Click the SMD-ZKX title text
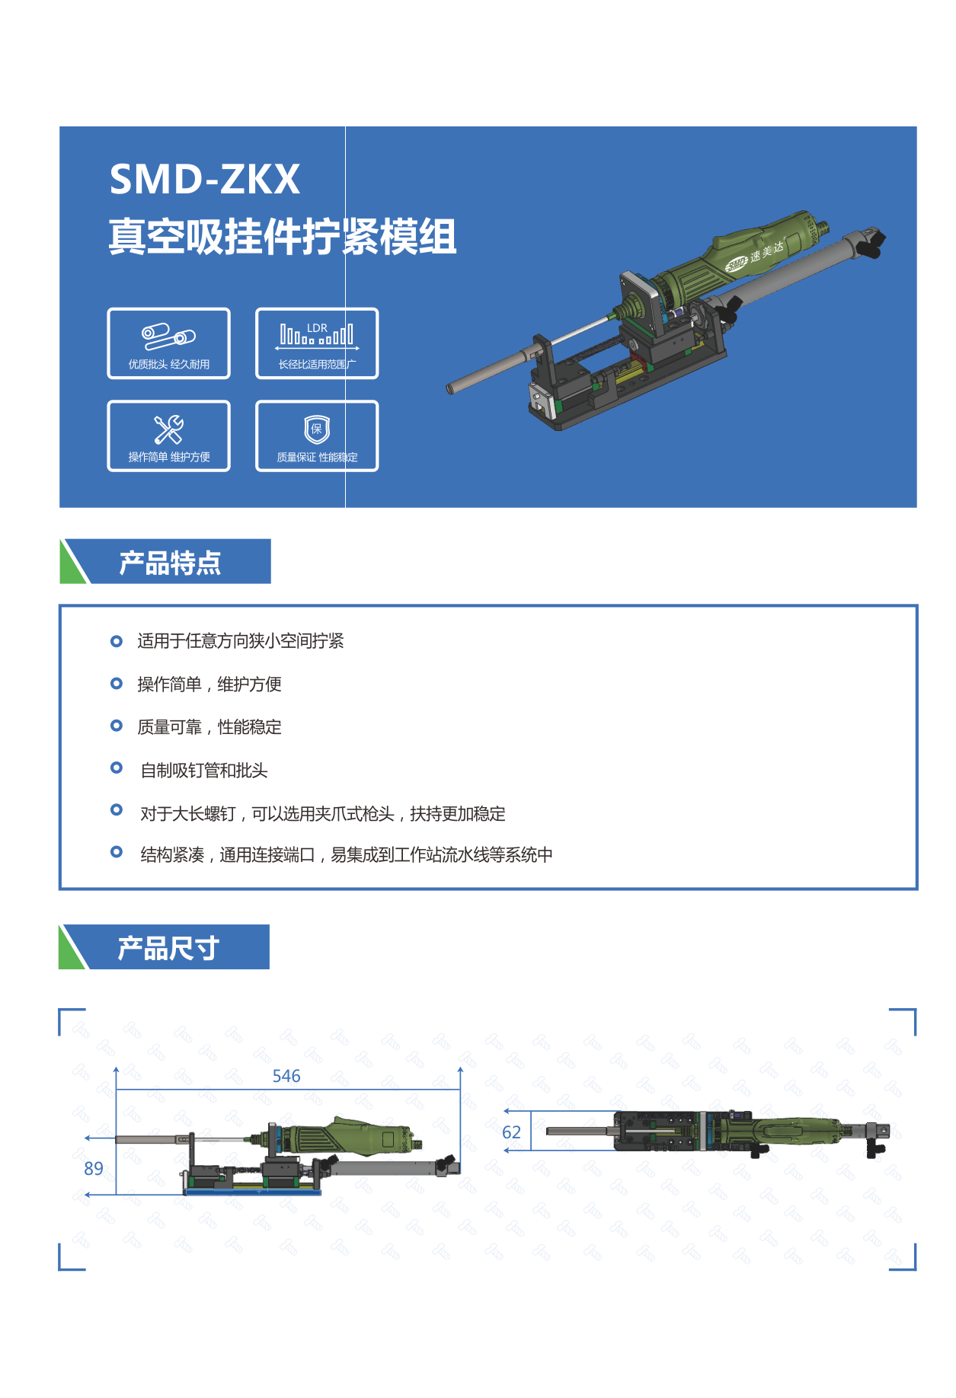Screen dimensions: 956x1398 tap(205, 179)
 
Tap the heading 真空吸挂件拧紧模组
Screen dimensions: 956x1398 tap(283, 236)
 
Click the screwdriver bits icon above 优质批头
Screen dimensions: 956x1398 tap(168, 337)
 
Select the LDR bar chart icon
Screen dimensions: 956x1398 tap(317, 336)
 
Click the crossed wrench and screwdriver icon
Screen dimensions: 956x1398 tap(168, 429)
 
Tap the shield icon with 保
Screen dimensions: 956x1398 tap(317, 429)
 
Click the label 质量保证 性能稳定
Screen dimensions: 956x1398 tap(317, 457)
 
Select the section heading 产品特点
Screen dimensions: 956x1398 tap(170, 563)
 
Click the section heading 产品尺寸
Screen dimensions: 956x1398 tap(168, 948)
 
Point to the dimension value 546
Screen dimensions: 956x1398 tap(286, 1076)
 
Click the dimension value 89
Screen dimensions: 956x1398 tap(94, 1169)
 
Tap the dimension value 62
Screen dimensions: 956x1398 tap(512, 1132)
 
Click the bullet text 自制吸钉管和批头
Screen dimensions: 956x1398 tap(204, 771)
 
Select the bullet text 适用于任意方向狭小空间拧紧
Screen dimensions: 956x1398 tap(241, 641)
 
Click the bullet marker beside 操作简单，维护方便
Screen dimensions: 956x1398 tap(117, 683)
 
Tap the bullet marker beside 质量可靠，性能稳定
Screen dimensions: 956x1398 tap(117, 726)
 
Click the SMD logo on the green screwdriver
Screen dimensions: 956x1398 tap(737, 264)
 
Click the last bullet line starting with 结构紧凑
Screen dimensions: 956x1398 tap(347, 855)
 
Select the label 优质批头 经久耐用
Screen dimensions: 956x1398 tap(168, 364)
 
